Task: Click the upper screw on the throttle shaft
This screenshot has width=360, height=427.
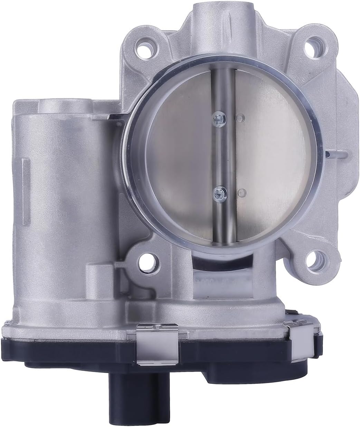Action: [219, 118]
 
